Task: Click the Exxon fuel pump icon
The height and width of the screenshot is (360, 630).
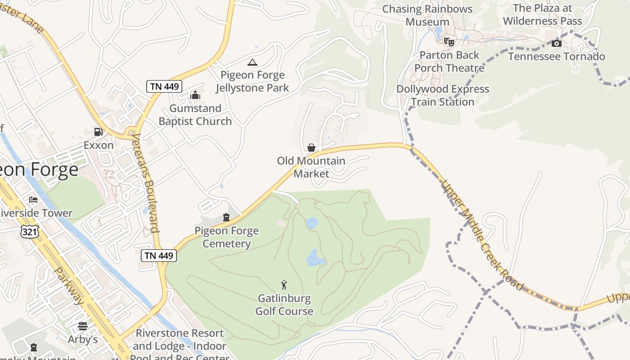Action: pyautogui.click(x=98, y=132)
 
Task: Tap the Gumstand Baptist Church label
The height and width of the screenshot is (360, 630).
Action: pyautogui.click(x=195, y=115)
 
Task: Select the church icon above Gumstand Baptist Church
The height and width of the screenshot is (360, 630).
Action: pyautogui.click(x=195, y=95)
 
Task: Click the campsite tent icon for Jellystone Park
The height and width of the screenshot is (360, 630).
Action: pyautogui.click(x=252, y=62)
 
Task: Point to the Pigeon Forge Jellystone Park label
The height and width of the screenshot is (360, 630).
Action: pyautogui.click(x=252, y=81)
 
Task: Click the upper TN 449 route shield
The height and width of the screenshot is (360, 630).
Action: pyautogui.click(x=163, y=86)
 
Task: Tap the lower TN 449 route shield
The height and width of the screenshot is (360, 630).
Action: pyautogui.click(x=159, y=256)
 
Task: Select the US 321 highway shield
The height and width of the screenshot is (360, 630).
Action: pyautogui.click(x=30, y=232)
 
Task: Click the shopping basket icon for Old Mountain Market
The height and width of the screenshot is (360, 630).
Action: pyautogui.click(x=311, y=148)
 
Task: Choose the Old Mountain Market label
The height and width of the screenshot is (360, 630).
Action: pyautogui.click(x=311, y=167)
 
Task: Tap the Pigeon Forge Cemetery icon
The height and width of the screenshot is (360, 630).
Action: pyautogui.click(x=226, y=218)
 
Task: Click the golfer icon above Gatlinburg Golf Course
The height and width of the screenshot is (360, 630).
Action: pyautogui.click(x=284, y=285)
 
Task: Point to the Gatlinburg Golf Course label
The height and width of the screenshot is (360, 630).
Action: pyautogui.click(x=284, y=305)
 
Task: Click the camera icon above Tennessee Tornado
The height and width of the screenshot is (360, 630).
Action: pyautogui.click(x=557, y=43)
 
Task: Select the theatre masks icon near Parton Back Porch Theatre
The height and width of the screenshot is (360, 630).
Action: pyautogui.click(x=449, y=42)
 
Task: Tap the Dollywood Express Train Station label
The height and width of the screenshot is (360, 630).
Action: pyautogui.click(x=443, y=95)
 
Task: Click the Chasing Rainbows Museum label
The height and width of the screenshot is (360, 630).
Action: pyautogui.click(x=427, y=15)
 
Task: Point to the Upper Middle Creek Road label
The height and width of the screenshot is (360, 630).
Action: pyautogui.click(x=482, y=235)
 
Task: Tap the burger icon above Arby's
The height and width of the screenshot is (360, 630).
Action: pyautogui.click(x=83, y=326)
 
